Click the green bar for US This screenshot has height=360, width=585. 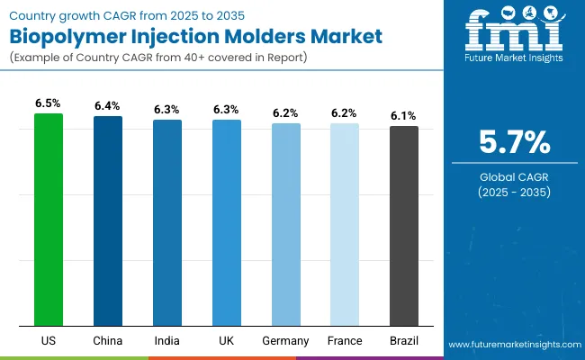tap(49, 220)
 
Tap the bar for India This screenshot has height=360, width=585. tap(167, 222)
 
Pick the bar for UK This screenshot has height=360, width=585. tap(227, 222)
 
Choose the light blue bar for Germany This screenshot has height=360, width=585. tap(286, 224)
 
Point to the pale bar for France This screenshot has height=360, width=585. tap(345, 224)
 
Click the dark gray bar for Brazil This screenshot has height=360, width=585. tap(404, 226)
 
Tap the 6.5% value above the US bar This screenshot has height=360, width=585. tap(49, 104)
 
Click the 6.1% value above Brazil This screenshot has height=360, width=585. tap(404, 117)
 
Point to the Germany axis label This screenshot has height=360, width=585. tap(286, 341)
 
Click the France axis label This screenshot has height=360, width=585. tap(345, 341)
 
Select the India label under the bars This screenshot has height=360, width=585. tap(167, 341)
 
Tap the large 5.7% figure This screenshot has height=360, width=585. tap(513, 142)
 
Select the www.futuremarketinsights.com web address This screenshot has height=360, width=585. tap(512, 345)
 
